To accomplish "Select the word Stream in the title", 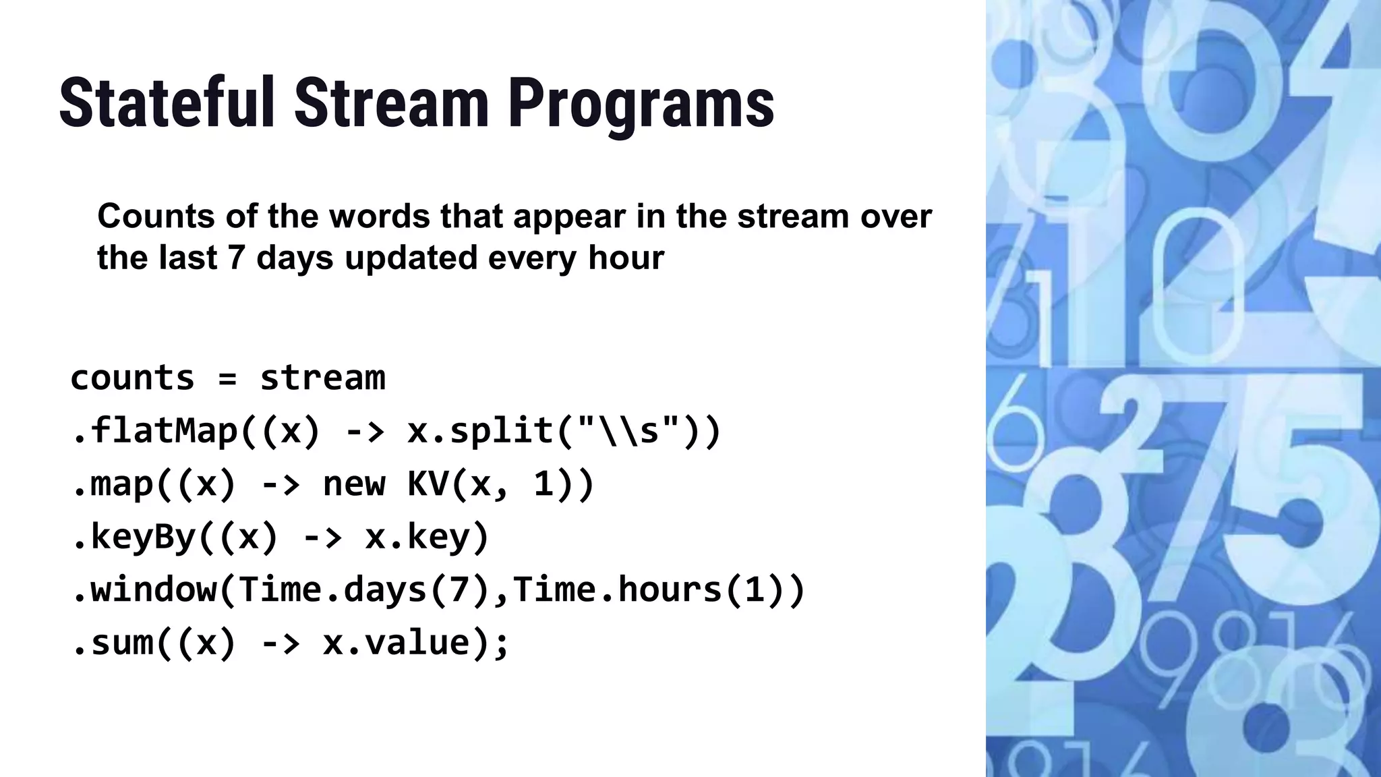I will point(391,103).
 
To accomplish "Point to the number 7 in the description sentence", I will point(235,258).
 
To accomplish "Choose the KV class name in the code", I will point(428,484).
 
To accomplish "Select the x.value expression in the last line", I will point(405,642).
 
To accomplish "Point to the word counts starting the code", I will point(132,378).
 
